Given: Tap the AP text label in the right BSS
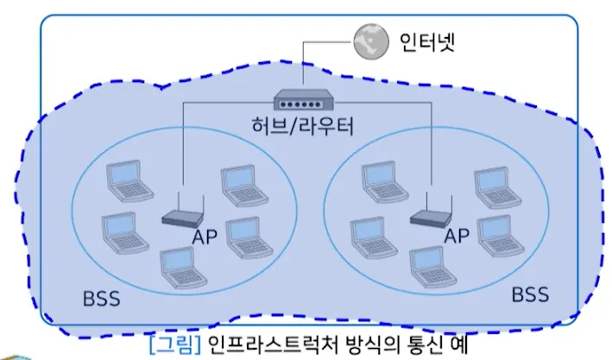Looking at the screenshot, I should (455, 235).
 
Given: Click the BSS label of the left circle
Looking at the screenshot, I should (101, 300).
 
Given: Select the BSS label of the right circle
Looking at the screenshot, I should (530, 294).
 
